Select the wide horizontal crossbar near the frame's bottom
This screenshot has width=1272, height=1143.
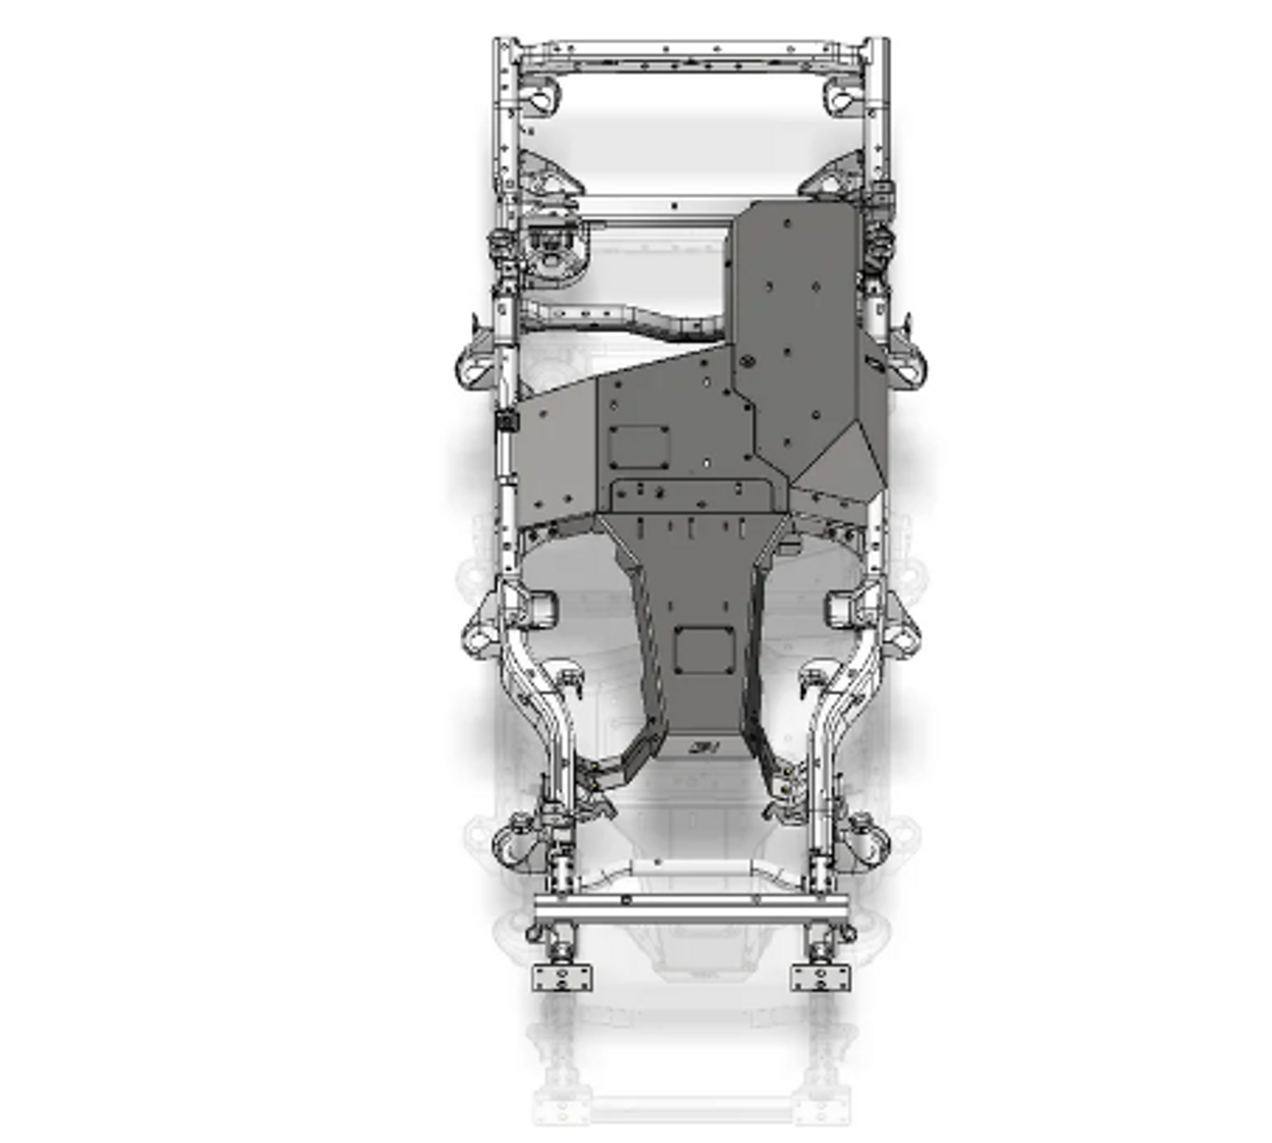(691, 906)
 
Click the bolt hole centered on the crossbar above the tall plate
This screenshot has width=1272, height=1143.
(675, 207)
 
